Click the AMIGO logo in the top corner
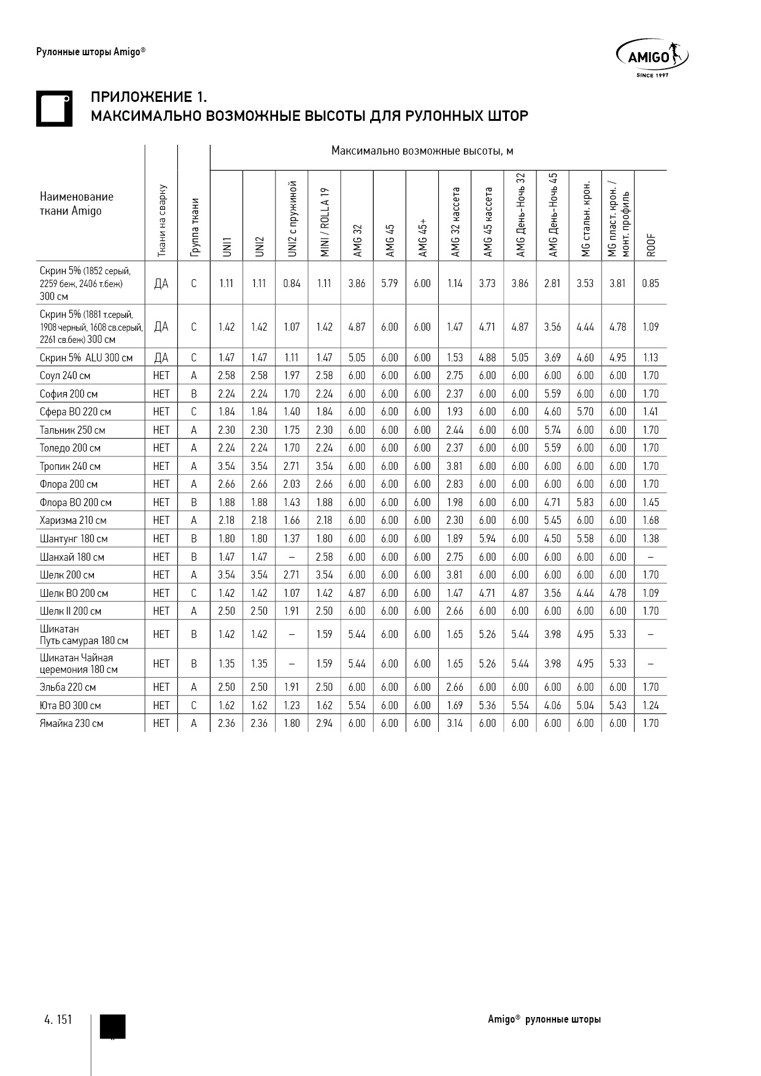coord(652,58)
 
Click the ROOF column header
coord(651,245)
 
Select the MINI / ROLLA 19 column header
coord(325,222)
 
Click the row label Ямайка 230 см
coord(71,723)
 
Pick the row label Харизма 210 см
coord(73,520)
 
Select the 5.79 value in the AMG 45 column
coord(390,283)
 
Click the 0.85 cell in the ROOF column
coord(651,283)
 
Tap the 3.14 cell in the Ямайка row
coord(455,723)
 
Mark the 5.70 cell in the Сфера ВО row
coord(585,412)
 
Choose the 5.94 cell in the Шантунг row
coord(487,539)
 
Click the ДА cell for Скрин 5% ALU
coord(161,358)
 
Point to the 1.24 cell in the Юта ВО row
coord(651,705)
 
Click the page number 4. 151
coord(58,1020)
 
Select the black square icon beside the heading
coord(54,109)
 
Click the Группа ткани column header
coord(194,227)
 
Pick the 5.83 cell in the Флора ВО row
coord(585,502)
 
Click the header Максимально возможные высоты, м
coord(422,151)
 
